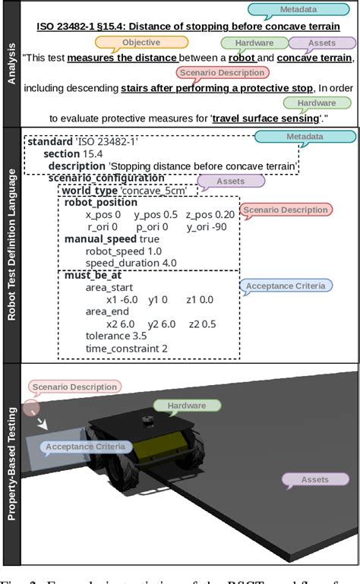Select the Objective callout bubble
point(141,43)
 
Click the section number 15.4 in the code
point(93,154)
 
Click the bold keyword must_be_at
point(93,275)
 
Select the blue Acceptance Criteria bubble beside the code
point(286,286)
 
